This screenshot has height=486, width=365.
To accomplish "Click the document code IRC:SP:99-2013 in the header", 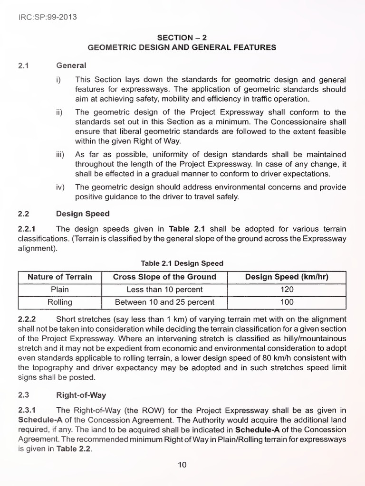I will [x=48, y=17].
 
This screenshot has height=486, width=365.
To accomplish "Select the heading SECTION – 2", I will [x=182, y=37].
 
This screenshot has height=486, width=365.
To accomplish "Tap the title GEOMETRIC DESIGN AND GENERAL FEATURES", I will [x=182, y=47].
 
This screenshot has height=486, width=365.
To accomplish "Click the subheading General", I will [x=71, y=65].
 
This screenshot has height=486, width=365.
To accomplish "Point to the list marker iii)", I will [x=61, y=155].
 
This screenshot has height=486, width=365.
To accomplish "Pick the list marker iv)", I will [x=61, y=187].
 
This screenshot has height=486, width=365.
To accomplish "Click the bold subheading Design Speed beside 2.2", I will [x=83, y=214].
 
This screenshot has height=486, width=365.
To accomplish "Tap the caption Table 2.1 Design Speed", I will [x=182, y=263].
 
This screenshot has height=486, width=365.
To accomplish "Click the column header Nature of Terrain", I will [x=60, y=277].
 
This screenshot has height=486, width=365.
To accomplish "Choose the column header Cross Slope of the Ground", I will [x=164, y=277].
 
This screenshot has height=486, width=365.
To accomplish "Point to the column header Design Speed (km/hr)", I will [x=287, y=277].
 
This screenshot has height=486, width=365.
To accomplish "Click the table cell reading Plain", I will [x=60, y=290].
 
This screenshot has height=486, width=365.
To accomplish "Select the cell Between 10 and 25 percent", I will [x=164, y=302].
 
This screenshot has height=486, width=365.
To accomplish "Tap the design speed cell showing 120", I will [x=287, y=290].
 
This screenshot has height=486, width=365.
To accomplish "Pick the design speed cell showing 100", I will [x=287, y=302].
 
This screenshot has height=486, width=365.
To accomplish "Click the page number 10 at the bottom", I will [x=182, y=465].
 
